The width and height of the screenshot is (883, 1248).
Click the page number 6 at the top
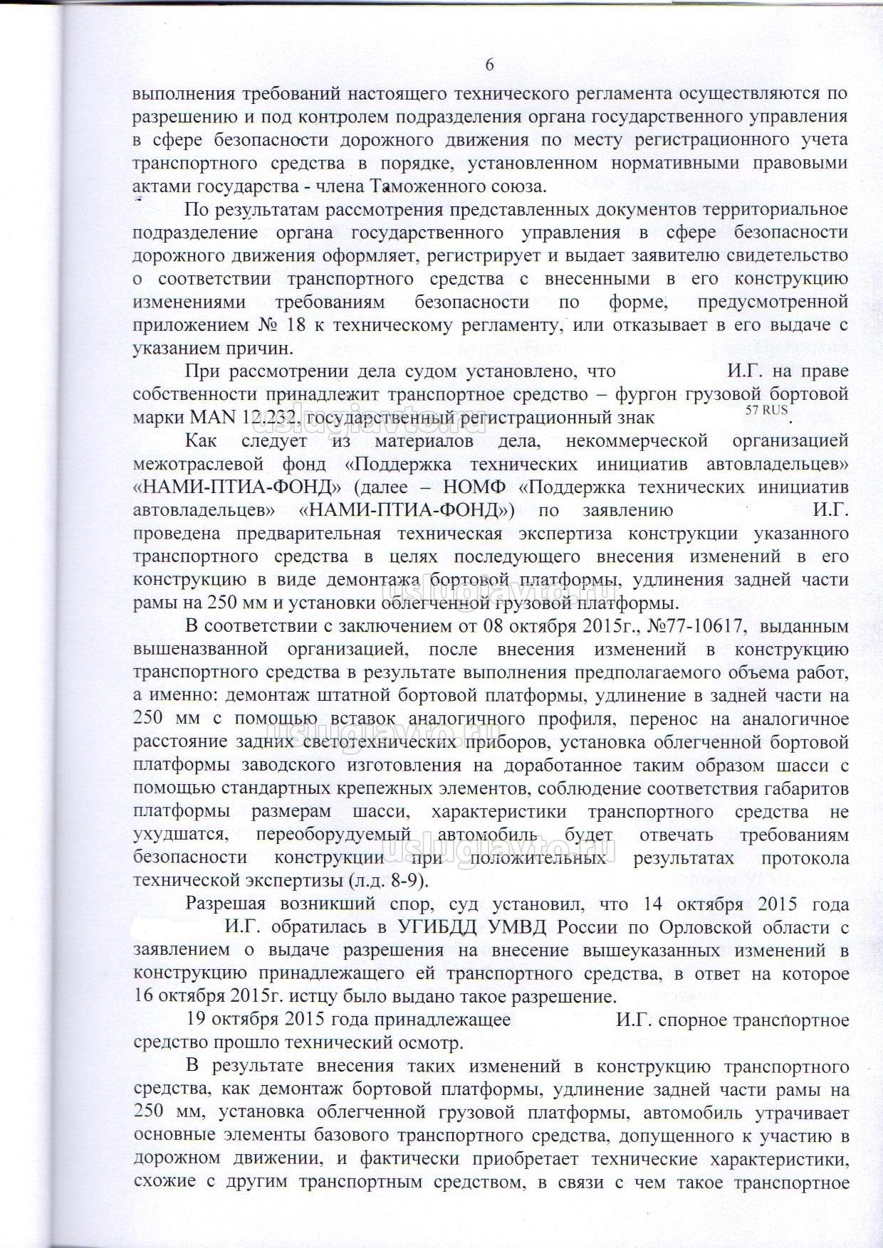(489, 65)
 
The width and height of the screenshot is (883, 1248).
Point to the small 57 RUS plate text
(766, 410)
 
